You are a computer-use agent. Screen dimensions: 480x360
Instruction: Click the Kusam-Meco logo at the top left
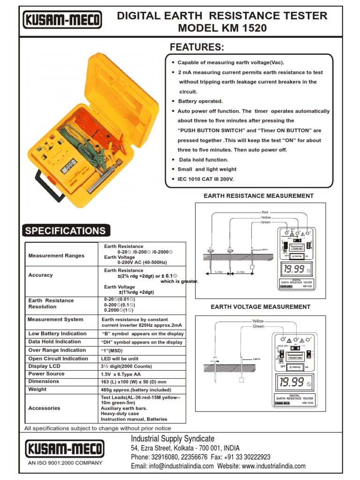62,20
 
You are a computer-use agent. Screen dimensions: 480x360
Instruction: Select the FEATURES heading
197,47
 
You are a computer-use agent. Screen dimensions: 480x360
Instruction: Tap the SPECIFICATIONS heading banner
66,231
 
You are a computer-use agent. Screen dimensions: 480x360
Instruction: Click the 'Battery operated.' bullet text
200,101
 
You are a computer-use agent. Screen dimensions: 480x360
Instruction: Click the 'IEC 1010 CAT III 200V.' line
205,179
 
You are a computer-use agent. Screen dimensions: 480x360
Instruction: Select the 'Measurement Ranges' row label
56,255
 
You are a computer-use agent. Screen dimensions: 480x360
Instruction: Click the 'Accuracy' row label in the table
40,275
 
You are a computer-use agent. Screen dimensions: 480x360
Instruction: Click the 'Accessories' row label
44,408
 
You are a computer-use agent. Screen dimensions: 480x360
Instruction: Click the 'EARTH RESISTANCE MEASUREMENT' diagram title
258,195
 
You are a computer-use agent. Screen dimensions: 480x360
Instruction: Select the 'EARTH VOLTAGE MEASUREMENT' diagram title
260,307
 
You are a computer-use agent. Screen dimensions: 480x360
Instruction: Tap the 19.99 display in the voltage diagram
292,382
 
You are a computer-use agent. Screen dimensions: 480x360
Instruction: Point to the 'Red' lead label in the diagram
265,212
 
